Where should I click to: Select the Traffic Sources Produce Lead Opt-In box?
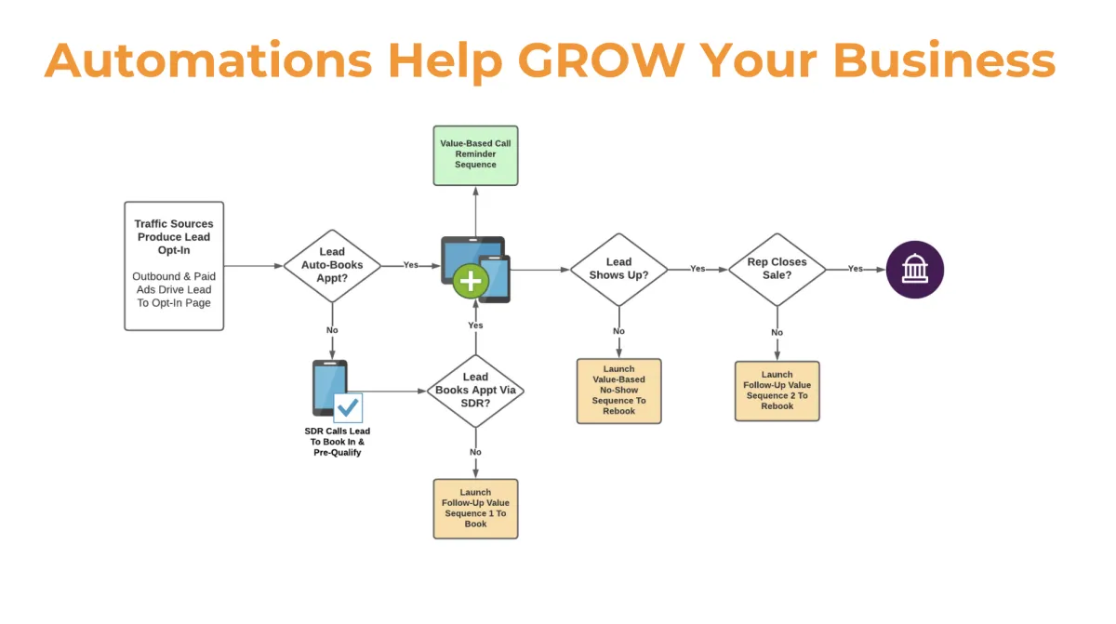tap(174, 266)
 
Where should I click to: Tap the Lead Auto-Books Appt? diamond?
tap(332, 265)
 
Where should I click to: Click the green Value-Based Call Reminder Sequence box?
tap(475, 155)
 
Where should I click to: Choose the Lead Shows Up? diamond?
tap(618, 269)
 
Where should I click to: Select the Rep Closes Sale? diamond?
tap(777, 269)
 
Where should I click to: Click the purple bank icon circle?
tap(914, 269)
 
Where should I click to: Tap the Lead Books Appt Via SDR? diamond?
tap(475, 391)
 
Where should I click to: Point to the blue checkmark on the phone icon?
tap(348, 407)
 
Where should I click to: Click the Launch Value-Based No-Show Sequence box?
tap(618, 391)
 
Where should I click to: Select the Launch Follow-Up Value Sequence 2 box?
tap(777, 391)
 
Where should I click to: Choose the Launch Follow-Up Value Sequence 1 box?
tap(475, 509)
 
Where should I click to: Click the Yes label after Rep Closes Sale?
tap(855, 269)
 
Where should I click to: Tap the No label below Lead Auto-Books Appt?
tap(332, 331)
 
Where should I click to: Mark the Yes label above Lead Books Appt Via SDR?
tap(475, 325)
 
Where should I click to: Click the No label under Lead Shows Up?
tap(618, 331)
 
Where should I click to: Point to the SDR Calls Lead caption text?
tap(338, 442)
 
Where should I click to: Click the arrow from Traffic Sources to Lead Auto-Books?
tap(253, 266)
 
